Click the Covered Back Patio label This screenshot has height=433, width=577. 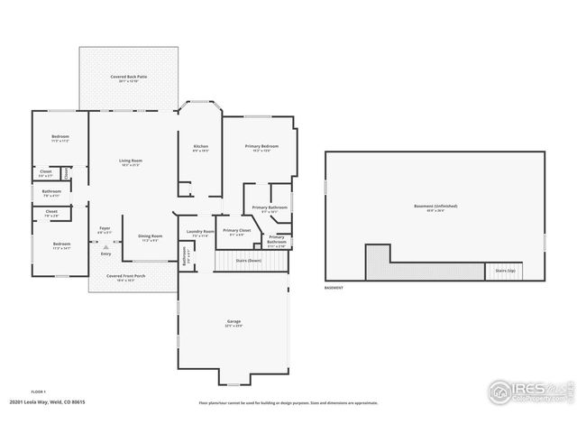[x=129, y=78]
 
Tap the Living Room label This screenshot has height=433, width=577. [x=132, y=161]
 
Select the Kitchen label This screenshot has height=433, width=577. [x=201, y=146]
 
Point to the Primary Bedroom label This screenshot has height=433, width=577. [x=261, y=146]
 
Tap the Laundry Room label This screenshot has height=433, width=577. [x=200, y=232]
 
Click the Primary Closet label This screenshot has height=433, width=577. [x=237, y=231]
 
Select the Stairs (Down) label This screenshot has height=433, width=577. [x=248, y=260]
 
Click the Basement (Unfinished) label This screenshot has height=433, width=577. [x=435, y=207]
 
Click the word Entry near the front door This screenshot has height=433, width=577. [x=105, y=254]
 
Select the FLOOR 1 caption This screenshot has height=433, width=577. [x=38, y=391]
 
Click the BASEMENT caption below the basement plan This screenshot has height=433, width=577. [x=334, y=288]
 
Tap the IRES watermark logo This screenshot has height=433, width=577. [x=528, y=391]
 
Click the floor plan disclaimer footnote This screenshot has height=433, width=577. [x=288, y=403]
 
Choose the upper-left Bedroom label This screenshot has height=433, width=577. [x=60, y=137]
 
